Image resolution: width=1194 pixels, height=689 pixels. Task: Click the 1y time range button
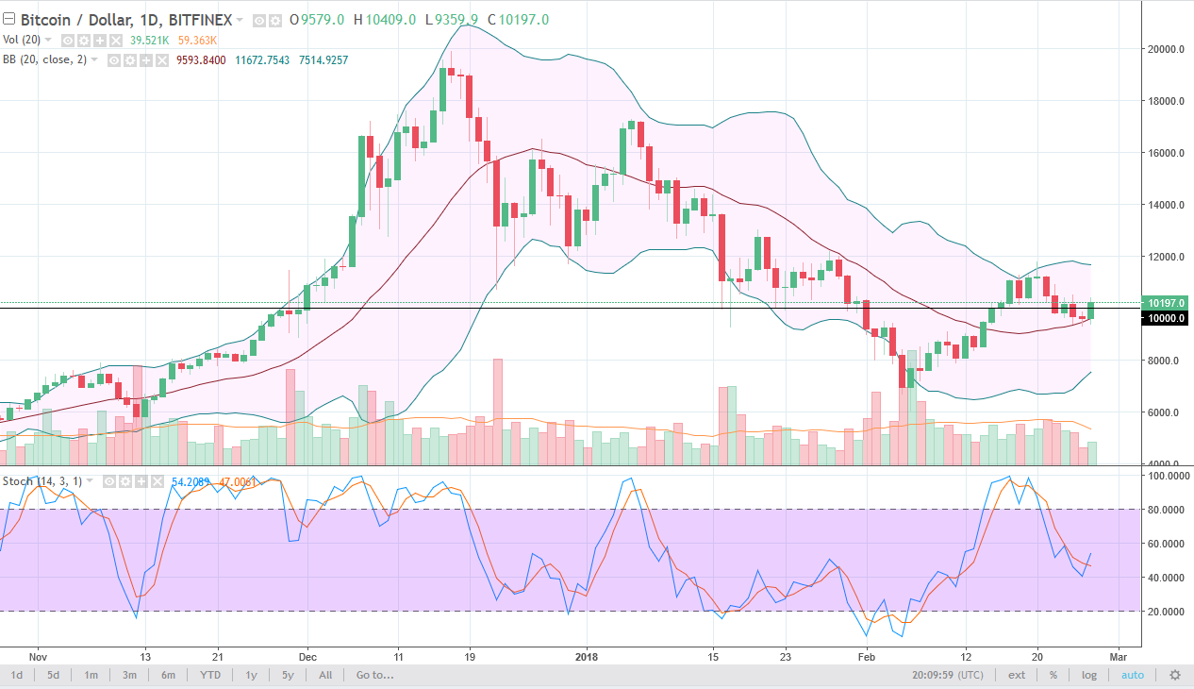251,675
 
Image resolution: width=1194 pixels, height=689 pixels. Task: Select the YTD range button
210,675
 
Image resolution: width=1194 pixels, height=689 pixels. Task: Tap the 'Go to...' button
373,675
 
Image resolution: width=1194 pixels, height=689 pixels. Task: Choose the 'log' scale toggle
1089,675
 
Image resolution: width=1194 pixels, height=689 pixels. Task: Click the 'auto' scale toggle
1132,675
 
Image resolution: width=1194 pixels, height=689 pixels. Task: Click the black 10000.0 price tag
1166,319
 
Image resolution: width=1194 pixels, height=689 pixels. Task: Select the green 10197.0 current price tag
1166,303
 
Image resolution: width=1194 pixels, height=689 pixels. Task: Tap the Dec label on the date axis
307,656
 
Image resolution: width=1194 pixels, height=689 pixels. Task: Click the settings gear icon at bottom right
1174,675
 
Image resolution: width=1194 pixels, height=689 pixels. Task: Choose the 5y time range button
288,675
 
